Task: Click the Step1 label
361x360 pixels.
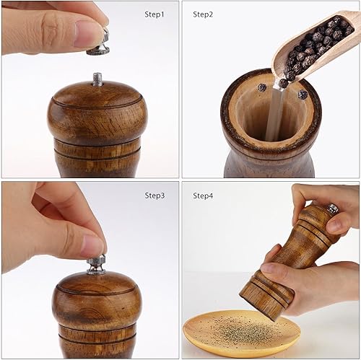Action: [x=155, y=14]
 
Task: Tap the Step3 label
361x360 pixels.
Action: [x=155, y=195]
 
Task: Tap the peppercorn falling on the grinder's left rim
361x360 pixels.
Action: [x=261, y=87]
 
